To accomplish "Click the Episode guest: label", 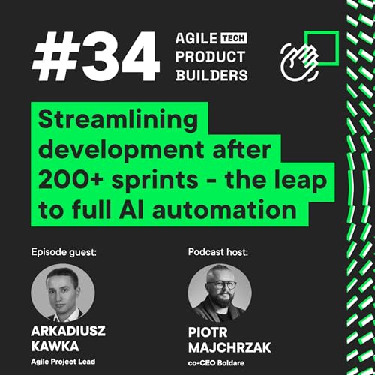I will pyautogui.click(x=64, y=251).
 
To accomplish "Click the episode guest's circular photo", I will pyautogui.click(x=63, y=292).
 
